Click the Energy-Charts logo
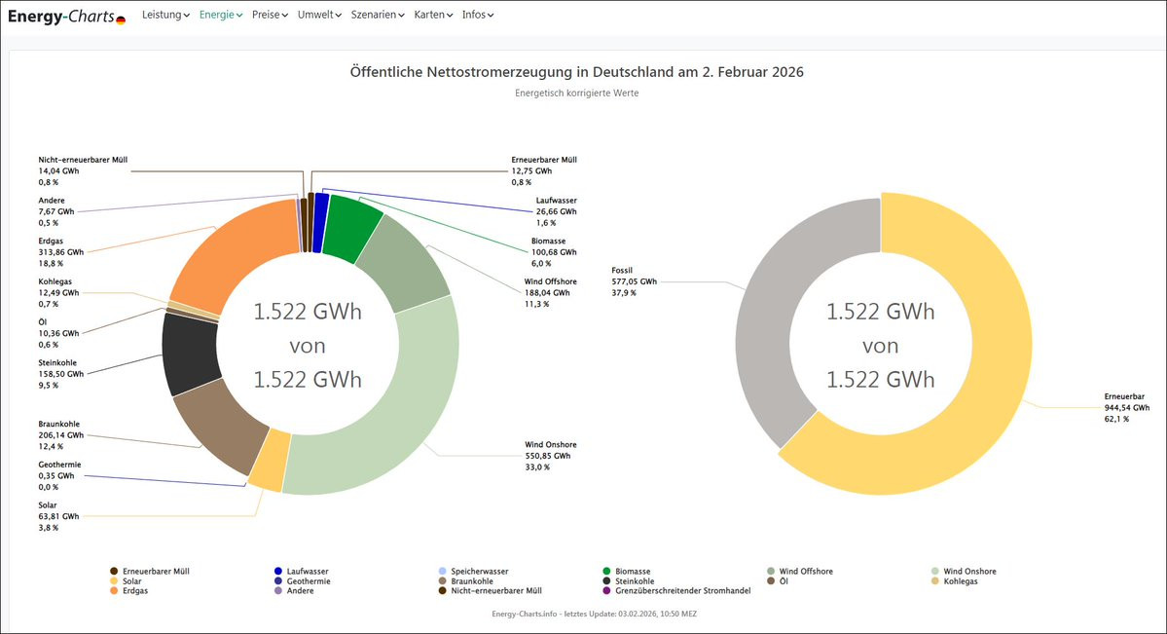click(66, 16)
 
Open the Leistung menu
click(165, 15)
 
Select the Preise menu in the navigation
click(270, 15)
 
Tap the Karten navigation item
click(433, 15)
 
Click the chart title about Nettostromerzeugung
click(577, 72)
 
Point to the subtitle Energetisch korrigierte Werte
click(577, 93)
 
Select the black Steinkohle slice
click(191, 354)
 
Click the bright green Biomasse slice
click(350, 227)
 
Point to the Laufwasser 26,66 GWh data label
click(556, 211)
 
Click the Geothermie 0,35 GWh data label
click(59, 475)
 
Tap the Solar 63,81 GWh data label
click(58, 516)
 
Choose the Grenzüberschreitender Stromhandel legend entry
click(677, 591)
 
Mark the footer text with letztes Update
click(594, 614)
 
